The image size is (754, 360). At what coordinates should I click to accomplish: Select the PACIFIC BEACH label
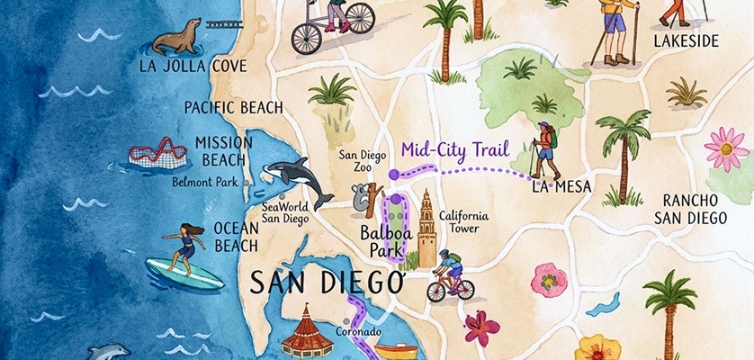[233, 107]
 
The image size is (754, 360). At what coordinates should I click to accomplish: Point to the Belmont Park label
[205, 182]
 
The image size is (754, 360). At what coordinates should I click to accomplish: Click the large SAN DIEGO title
[325, 283]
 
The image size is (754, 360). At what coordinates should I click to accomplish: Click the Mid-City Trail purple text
[455, 149]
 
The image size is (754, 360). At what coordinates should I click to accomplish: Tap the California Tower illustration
[426, 225]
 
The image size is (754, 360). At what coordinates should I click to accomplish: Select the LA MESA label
[561, 187]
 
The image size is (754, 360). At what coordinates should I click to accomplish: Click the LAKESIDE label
[686, 41]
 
